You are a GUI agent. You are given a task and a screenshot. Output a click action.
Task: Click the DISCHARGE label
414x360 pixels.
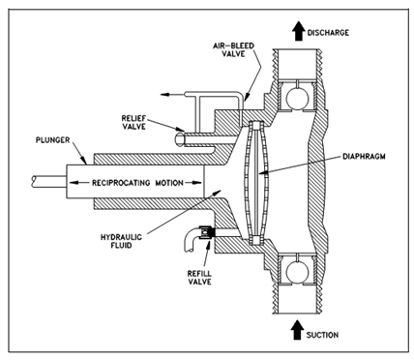tap(328, 33)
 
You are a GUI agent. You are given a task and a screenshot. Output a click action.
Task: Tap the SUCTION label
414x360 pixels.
tap(322, 335)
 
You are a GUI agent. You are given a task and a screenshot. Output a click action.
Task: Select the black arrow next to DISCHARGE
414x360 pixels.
tap(299, 31)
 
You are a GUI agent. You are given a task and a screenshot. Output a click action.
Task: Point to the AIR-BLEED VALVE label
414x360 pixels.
tap(233, 49)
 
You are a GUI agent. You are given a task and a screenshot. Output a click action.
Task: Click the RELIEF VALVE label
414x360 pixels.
tap(133, 122)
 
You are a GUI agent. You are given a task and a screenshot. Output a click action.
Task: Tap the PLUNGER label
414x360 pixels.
tap(52, 140)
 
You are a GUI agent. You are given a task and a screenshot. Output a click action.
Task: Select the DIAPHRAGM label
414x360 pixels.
tap(364, 157)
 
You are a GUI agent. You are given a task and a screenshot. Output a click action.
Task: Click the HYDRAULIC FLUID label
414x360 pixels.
tap(121, 241)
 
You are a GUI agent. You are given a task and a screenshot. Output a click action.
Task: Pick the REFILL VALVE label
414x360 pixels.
tap(199, 278)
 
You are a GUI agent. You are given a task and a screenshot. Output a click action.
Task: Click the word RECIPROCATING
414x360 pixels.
tap(121, 183)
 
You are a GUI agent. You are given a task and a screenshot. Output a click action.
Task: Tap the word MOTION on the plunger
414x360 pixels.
tap(169, 183)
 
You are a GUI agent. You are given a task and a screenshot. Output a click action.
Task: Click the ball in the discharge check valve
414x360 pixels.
tap(297, 98)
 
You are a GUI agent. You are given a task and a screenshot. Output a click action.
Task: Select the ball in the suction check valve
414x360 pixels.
tap(297, 270)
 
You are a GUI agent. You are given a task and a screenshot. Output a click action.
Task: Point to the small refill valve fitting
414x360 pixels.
tap(206, 233)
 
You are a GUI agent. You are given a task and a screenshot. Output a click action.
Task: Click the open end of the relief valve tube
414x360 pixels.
tap(179, 140)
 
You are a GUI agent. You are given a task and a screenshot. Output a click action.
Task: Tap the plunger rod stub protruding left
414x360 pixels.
tap(49, 182)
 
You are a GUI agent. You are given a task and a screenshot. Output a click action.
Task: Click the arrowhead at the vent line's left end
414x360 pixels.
tap(165, 95)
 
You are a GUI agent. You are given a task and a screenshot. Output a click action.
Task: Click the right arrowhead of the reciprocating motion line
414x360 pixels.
tap(197, 183)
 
